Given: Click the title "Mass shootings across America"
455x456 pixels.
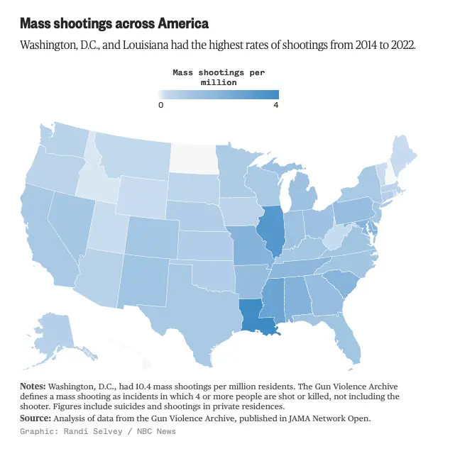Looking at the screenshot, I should pyautogui.click(x=114, y=23).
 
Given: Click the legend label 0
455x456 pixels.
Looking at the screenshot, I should pyautogui.click(x=160, y=105).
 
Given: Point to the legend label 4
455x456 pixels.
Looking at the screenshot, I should pyautogui.click(x=275, y=105).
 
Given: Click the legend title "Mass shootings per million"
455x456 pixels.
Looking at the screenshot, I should pyautogui.click(x=218, y=77).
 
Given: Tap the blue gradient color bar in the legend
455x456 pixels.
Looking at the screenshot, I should pyautogui.click(x=218, y=94).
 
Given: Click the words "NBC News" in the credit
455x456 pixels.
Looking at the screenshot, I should pyautogui.click(x=155, y=431).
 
